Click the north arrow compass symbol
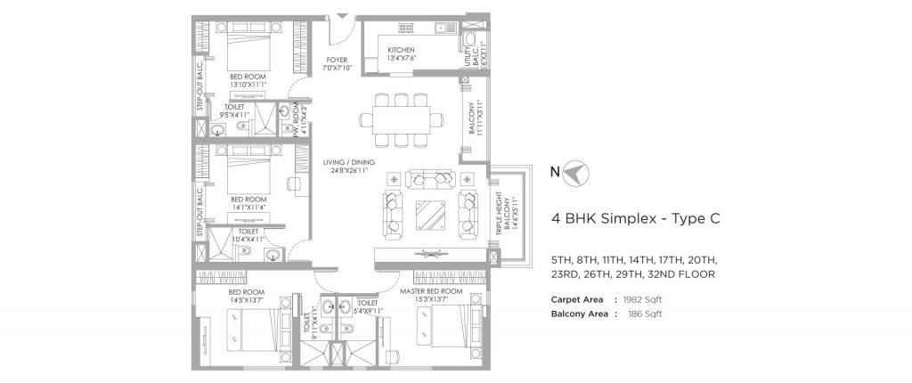click(x=574, y=172)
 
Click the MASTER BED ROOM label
click(x=431, y=291)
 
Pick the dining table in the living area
click(x=403, y=118)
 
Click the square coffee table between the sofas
click(x=429, y=215)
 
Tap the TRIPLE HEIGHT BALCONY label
click(x=504, y=215)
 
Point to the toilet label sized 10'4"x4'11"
click(x=248, y=234)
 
